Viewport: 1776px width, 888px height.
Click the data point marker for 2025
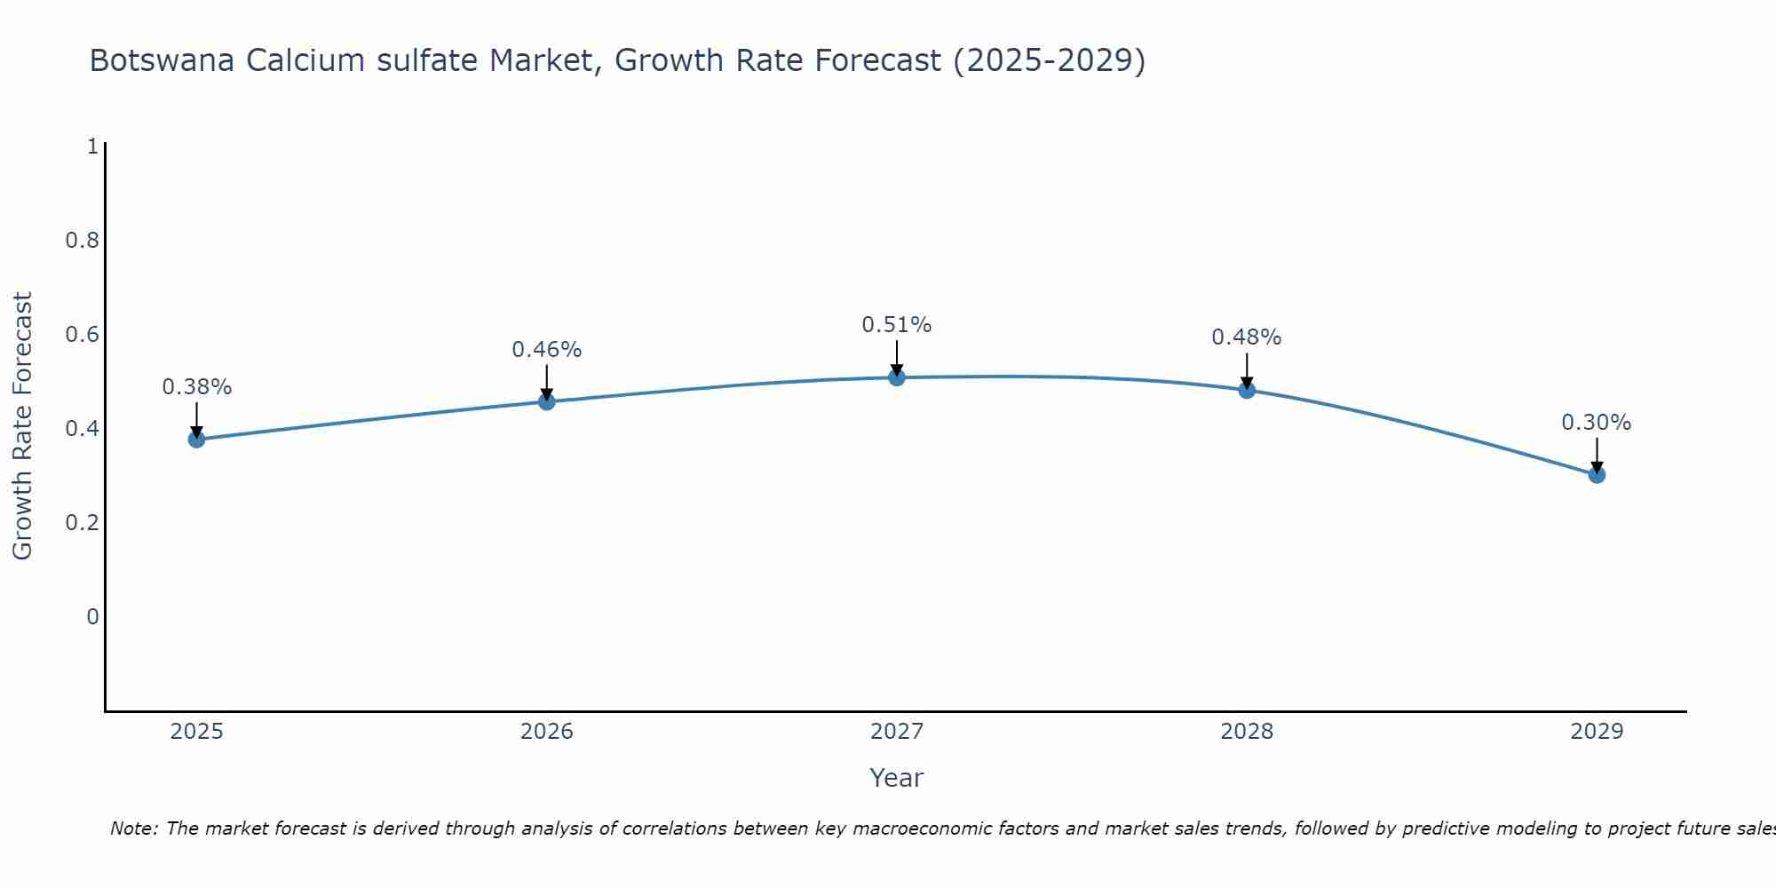tap(196, 439)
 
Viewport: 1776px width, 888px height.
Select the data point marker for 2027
tap(897, 377)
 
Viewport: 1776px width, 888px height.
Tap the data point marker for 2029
tap(1597, 474)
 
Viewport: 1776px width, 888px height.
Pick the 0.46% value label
tap(546, 350)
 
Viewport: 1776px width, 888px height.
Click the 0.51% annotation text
tap(897, 325)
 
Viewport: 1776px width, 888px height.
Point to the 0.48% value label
tap(1247, 337)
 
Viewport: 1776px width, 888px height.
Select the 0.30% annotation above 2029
tap(1597, 423)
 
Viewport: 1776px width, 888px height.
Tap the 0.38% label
tap(196, 387)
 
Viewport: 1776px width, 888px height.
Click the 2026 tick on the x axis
tap(546, 732)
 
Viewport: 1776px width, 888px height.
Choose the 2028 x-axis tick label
tap(1247, 732)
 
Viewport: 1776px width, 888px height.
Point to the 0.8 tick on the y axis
tap(82, 241)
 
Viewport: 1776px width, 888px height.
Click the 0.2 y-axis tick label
tap(82, 522)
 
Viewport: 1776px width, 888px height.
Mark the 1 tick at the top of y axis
tap(92, 147)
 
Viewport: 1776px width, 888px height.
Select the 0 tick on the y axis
tap(92, 616)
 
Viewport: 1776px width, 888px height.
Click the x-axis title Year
tap(897, 778)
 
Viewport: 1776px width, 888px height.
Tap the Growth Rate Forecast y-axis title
tap(22, 426)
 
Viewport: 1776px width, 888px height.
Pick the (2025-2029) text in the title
tap(1049, 60)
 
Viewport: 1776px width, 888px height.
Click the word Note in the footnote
tap(133, 829)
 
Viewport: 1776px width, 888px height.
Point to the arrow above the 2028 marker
tap(1247, 369)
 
